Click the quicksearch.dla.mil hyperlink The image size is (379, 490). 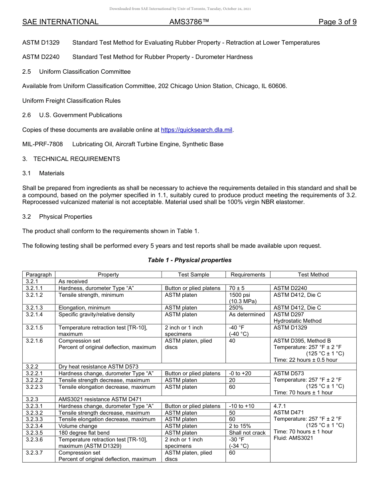point(196,130)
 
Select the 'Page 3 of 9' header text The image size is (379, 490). point(337,22)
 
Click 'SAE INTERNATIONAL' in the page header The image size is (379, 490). point(60,22)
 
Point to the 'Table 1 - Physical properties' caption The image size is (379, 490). point(189,260)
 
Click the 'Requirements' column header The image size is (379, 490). point(248,274)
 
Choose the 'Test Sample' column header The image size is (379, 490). point(193,274)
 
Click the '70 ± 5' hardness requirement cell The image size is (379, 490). point(237,288)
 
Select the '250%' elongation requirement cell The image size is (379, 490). point(236,308)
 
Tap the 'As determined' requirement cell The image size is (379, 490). point(247,314)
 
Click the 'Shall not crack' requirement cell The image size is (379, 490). point(247,433)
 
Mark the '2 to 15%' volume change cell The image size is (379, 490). point(240,426)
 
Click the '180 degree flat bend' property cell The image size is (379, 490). point(84,433)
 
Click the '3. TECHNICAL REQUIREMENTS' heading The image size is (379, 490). point(71,159)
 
